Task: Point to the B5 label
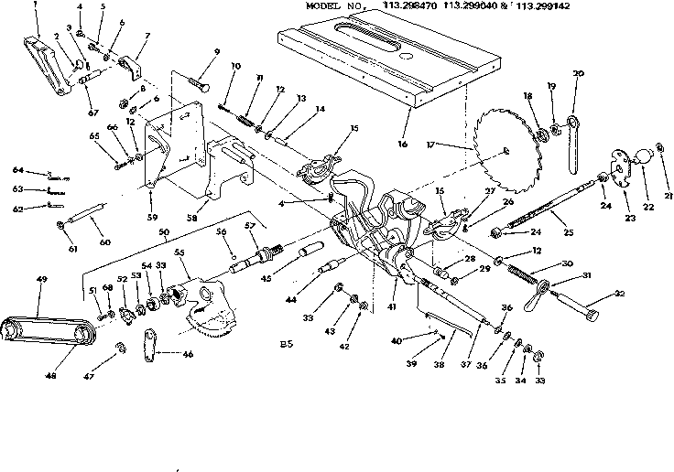pos(287,345)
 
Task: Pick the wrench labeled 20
pos(574,137)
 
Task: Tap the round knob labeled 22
pos(655,155)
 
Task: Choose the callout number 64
pos(16,170)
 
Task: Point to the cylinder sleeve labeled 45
pos(307,250)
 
